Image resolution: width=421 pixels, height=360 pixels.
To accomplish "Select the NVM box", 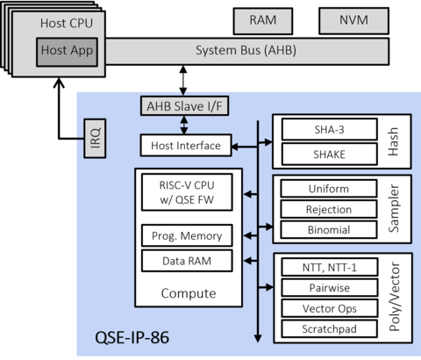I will pos(343,20).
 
